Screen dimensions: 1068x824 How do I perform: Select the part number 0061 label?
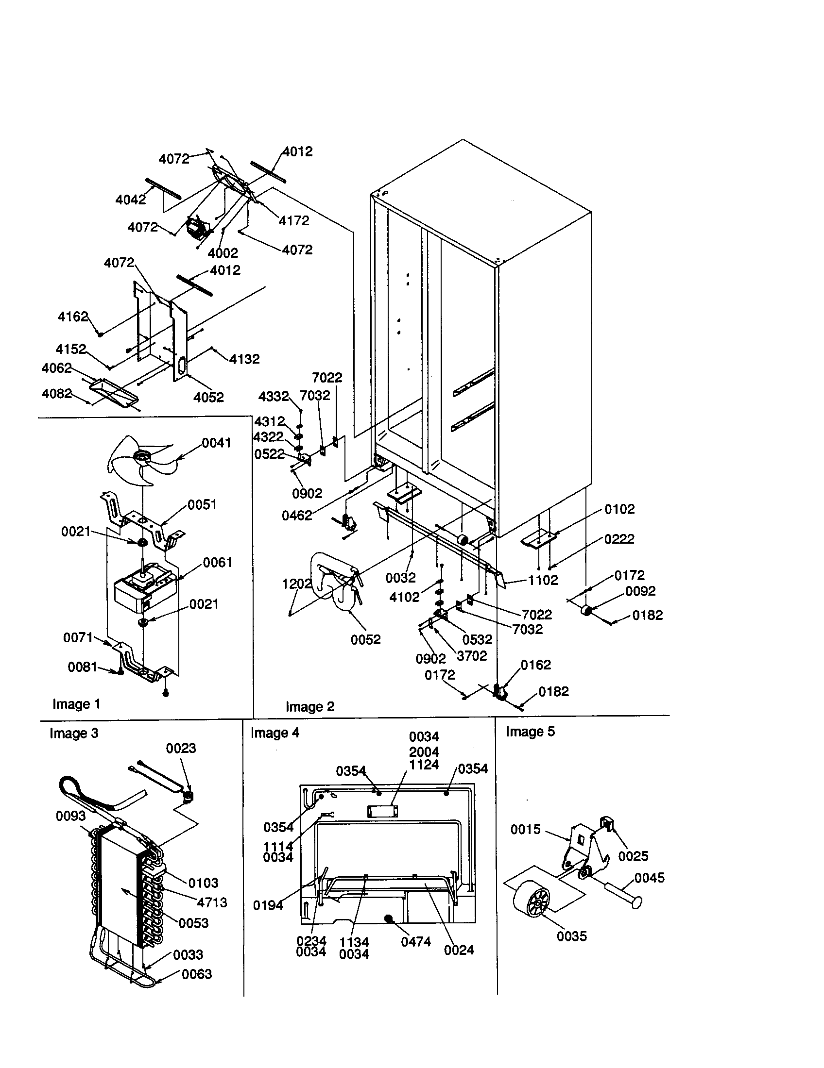pos(217,562)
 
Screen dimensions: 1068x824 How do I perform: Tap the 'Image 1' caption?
pos(76,704)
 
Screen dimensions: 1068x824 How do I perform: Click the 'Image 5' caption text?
pos(530,732)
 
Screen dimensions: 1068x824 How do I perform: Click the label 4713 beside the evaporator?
pos(212,903)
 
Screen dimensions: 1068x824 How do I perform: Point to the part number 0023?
pos(181,749)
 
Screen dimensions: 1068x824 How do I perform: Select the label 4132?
pos(244,359)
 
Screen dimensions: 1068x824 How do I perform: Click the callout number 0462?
pos(296,516)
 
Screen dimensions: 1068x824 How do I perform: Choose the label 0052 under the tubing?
pos(365,640)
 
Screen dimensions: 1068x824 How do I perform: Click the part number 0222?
pos(619,539)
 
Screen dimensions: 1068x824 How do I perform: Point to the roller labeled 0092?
pos(586,610)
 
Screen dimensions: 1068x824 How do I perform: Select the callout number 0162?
pos(535,665)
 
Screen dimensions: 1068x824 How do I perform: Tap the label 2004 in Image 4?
pos(424,752)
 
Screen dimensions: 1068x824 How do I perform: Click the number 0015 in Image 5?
pos(525,829)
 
